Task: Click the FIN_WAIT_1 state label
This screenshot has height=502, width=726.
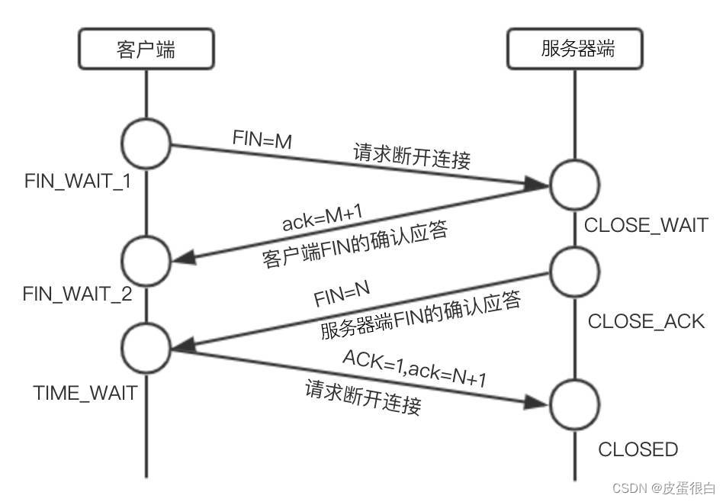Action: pyautogui.click(x=79, y=182)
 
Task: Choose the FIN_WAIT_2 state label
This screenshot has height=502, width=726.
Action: pyautogui.click(x=79, y=294)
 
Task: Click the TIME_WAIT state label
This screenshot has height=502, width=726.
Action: pyautogui.click(x=85, y=393)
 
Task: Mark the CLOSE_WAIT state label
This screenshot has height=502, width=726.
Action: pyautogui.click(x=646, y=225)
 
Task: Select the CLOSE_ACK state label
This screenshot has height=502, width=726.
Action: pyautogui.click(x=646, y=321)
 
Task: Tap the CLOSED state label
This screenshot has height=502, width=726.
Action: pyautogui.click(x=638, y=449)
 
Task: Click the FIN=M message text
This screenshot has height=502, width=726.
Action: pyautogui.click(x=262, y=139)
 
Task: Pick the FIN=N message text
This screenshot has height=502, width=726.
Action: pyautogui.click(x=342, y=293)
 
